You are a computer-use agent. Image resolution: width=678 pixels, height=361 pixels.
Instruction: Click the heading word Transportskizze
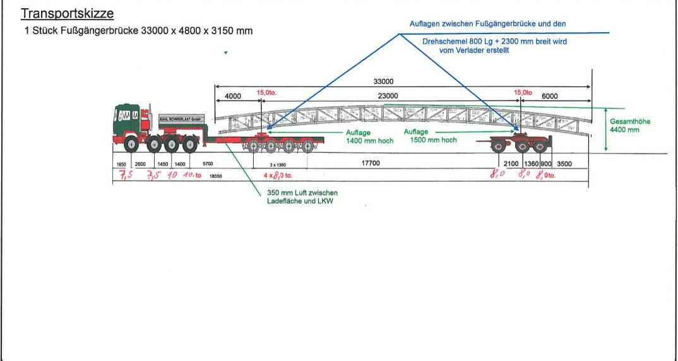pyautogui.click(x=68, y=13)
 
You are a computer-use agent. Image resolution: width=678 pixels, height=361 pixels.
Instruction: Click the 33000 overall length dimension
pyautogui.click(x=383, y=81)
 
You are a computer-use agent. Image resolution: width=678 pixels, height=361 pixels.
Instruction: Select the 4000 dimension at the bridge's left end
pyautogui.click(x=233, y=96)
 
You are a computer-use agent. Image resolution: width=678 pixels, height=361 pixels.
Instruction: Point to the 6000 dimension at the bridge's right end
pyautogui.click(x=550, y=96)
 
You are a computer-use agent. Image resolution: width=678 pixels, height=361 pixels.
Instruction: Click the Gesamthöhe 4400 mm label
pyautogui.click(x=629, y=126)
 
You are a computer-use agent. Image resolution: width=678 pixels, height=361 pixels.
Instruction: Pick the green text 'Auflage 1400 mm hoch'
pyautogui.click(x=369, y=137)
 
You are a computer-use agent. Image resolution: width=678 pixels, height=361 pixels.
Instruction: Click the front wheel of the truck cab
pyautogui.click(x=131, y=145)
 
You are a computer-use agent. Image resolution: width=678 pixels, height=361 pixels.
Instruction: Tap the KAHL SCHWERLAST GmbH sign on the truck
pyautogui.click(x=180, y=119)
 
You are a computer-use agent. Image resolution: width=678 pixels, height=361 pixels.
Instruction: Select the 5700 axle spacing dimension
pyautogui.click(x=208, y=164)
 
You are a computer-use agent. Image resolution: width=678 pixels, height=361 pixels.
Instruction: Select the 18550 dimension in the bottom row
pyautogui.click(x=216, y=177)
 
